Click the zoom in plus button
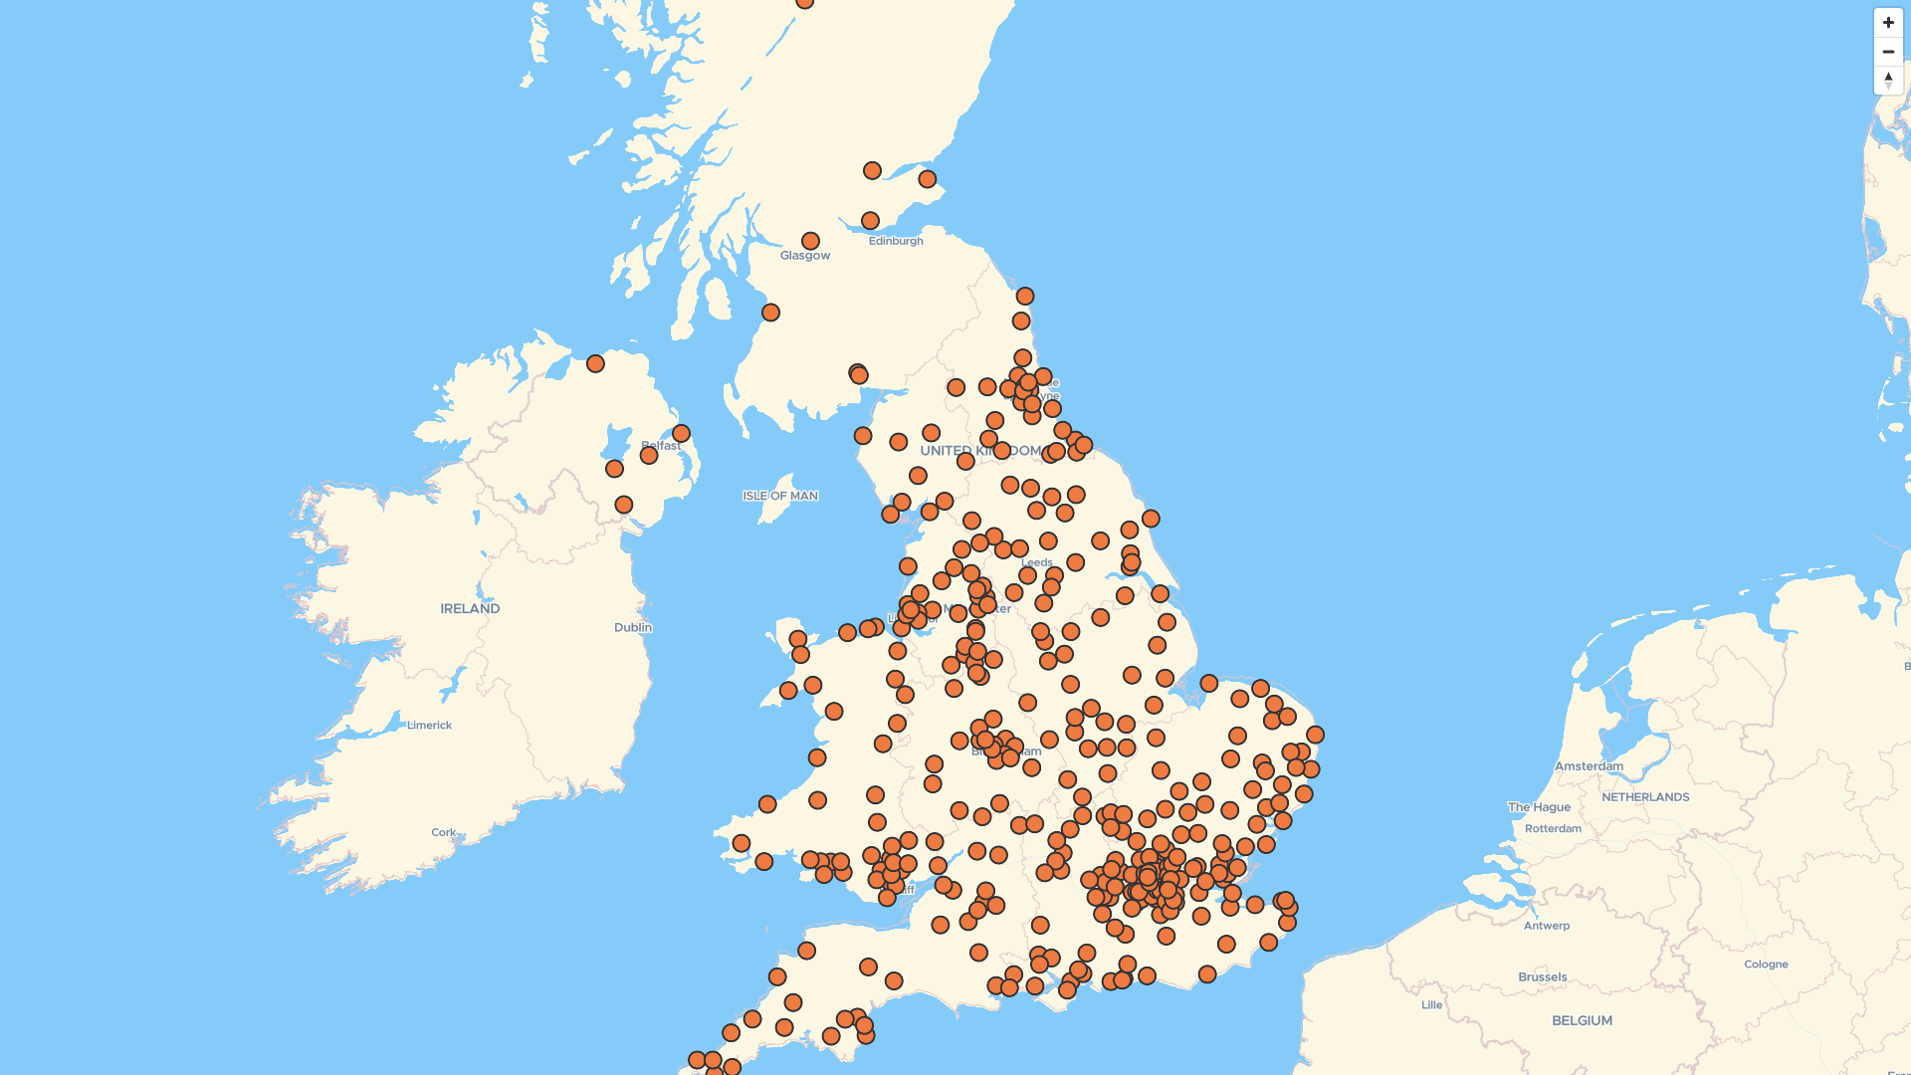click(x=1888, y=23)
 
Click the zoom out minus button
click(x=1888, y=52)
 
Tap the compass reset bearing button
click(x=1888, y=81)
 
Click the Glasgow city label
click(x=804, y=256)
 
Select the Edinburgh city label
click(x=895, y=241)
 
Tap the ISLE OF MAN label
click(x=779, y=496)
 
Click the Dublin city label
click(x=632, y=627)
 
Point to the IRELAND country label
click(x=470, y=608)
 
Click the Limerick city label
click(x=429, y=725)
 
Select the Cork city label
click(x=443, y=832)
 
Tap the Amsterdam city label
click(x=1589, y=765)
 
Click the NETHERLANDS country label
click(x=1644, y=797)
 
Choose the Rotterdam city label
click(x=1552, y=828)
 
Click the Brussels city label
click(x=1542, y=976)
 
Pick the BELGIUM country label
click(x=1582, y=1020)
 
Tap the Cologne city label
click(x=1765, y=964)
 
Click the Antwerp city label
click(x=1546, y=926)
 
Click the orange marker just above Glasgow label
click(x=810, y=241)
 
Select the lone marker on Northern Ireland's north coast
click(x=595, y=364)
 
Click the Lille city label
click(x=1431, y=1005)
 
